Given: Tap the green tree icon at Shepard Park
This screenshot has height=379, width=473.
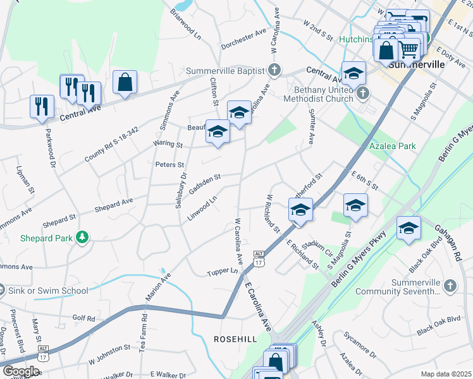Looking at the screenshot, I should click(x=81, y=237).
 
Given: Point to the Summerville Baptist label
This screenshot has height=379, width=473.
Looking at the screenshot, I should click(x=224, y=70).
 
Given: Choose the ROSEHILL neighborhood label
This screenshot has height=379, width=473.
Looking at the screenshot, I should click(x=235, y=339).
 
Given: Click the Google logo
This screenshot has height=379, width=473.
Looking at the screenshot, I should click(x=21, y=371).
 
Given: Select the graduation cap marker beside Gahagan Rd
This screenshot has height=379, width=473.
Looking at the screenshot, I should click(x=409, y=229).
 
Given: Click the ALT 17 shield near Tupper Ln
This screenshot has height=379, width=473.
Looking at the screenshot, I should click(x=258, y=257).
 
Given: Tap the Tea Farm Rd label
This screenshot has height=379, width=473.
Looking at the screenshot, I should click(x=144, y=331).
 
